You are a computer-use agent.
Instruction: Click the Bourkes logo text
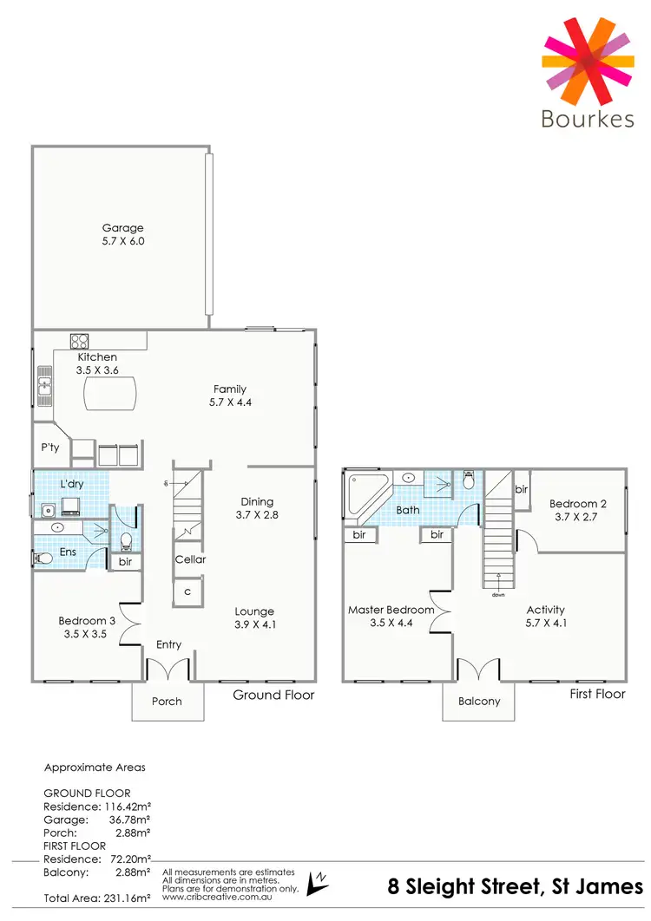click(587, 118)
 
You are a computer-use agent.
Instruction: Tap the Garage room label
click(122, 228)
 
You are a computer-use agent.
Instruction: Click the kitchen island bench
click(110, 398)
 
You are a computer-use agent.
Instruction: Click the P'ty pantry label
click(49, 447)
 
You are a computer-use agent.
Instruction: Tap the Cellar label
click(190, 559)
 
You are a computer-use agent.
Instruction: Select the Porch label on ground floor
click(167, 701)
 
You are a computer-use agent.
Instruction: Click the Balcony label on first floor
click(478, 701)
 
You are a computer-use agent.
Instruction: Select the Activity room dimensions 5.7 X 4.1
click(545, 623)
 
